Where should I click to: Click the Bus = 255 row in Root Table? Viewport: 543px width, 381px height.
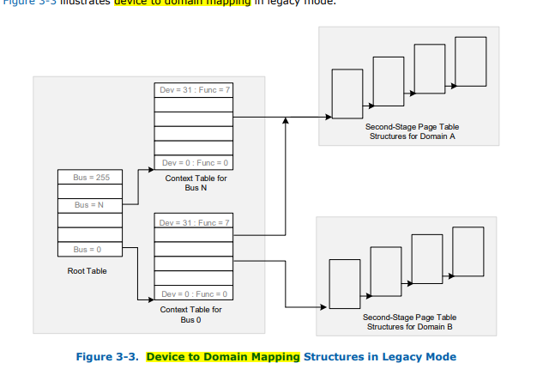pos(89,176)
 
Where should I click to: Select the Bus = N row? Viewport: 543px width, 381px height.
pos(89,205)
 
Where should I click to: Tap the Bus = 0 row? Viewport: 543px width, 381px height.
pos(89,249)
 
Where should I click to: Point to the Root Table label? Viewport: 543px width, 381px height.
pos(87,272)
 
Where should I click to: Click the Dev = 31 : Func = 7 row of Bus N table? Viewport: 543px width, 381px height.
pos(194,90)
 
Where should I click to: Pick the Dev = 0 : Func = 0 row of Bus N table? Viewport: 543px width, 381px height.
pos(194,163)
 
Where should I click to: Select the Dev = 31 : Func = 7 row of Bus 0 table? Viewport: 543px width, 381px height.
pos(194,222)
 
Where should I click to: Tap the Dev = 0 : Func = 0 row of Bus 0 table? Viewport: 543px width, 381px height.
pos(194,294)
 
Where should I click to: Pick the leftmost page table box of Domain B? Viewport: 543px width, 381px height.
pos(344,282)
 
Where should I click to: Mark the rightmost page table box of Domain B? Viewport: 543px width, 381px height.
pos(468,250)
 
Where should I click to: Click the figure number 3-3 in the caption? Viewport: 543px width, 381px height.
pos(124,356)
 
